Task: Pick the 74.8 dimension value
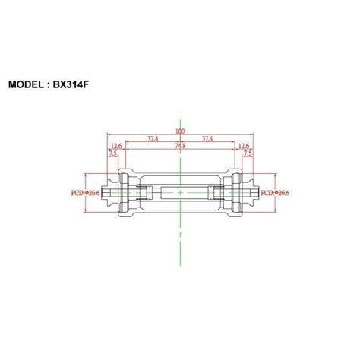point(181,146)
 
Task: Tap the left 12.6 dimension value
point(116,146)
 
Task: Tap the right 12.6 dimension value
point(244,146)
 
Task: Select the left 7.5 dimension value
point(112,153)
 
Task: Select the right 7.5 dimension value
point(248,153)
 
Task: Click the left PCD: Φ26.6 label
point(85,193)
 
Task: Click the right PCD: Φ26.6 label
point(276,193)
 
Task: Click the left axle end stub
point(107,194)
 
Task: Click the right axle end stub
point(253,194)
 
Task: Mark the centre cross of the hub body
point(180,194)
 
